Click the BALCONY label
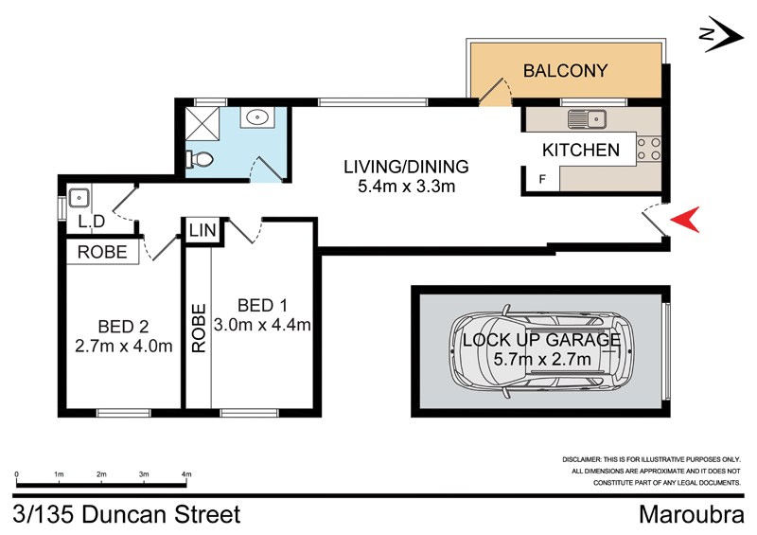pyautogui.click(x=565, y=70)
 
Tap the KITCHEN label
pyautogui.click(x=580, y=150)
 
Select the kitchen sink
pyautogui.click(x=587, y=119)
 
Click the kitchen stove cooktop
pyautogui.click(x=650, y=150)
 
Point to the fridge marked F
pyautogui.click(x=542, y=179)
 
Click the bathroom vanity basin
pyautogui.click(x=256, y=118)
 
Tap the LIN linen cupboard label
pyautogui.click(x=201, y=230)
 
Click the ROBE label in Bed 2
pyautogui.click(x=103, y=253)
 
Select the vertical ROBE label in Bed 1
pyautogui.click(x=199, y=329)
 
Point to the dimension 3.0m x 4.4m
pyautogui.click(x=264, y=325)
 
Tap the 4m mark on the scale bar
pyautogui.click(x=186, y=474)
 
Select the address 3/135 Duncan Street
pyautogui.click(x=128, y=515)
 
